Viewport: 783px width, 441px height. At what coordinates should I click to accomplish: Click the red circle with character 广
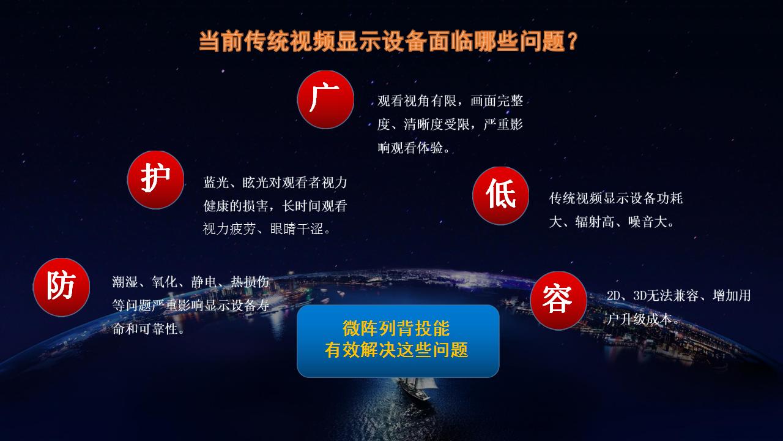click(x=325, y=100)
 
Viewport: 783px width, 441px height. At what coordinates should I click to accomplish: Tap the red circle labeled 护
click(x=155, y=180)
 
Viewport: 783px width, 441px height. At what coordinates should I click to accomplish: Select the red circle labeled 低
click(x=500, y=195)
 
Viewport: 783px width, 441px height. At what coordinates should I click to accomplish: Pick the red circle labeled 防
click(x=62, y=287)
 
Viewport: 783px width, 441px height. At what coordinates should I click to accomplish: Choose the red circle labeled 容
click(x=558, y=301)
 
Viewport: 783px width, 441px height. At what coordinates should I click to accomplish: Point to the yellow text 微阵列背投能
click(x=396, y=328)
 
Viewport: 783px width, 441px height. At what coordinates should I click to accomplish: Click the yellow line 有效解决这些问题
click(x=396, y=350)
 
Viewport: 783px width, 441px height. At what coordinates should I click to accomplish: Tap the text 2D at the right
click(x=613, y=296)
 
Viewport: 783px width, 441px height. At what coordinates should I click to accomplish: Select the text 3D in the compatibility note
click(x=640, y=296)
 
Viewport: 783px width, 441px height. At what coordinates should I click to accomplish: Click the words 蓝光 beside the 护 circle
click(x=216, y=183)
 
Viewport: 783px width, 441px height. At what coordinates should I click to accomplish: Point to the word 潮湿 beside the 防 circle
click(x=125, y=282)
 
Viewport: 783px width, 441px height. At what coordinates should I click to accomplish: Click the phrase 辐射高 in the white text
click(x=595, y=222)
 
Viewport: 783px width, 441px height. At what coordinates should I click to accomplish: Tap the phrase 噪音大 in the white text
click(x=648, y=222)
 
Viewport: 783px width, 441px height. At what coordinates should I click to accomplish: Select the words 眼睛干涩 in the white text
click(x=297, y=229)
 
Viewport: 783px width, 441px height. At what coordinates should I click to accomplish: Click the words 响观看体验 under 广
click(x=410, y=148)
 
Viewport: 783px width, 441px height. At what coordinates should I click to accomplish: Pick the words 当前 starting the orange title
click(x=221, y=41)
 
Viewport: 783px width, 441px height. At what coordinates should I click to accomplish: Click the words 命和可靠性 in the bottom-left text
click(x=145, y=329)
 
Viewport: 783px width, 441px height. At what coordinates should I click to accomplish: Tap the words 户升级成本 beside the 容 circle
click(x=639, y=319)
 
